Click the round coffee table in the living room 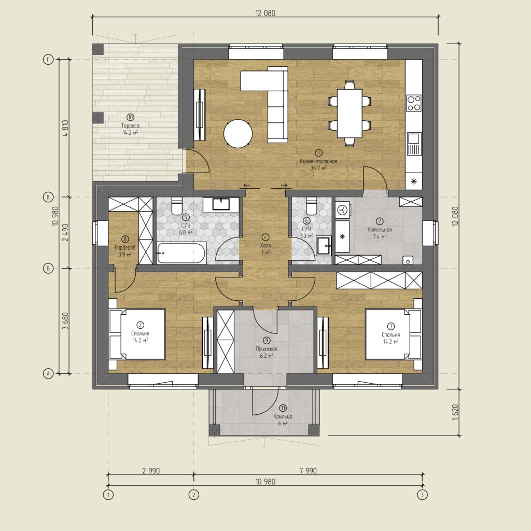coord(237,134)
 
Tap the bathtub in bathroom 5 coord(181,253)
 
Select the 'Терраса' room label coord(130,125)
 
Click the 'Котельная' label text coord(379,230)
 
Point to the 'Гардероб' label coord(125,247)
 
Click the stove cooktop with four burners coord(414,103)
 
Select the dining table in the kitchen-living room coord(350,113)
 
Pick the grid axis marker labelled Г coord(48,60)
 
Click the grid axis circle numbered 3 coord(422,495)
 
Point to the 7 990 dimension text coord(308,470)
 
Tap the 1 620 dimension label coord(455,412)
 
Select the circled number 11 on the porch coord(283,409)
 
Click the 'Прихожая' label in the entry coord(267,349)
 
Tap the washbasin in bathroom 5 coord(221,204)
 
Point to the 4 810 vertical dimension coord(65,128)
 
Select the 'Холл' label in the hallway coord(265,245)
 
